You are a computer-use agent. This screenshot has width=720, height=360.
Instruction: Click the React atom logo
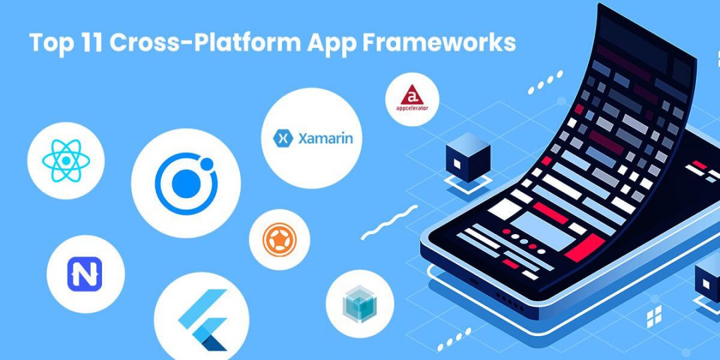pyautogui.click(x=65, y=161)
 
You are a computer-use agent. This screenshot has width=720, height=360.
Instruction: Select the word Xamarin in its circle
pyautogui.click(x=325, y=139)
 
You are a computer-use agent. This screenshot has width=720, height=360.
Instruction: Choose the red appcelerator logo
pyautogui.click(x=412, y=93)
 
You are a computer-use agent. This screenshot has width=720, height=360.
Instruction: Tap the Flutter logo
pyautogui.click(x=204, y=319)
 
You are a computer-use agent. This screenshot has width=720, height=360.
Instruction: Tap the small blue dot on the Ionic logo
pyautogui.click(x=207, y=163)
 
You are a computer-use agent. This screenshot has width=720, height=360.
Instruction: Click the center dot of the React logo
pyautogui.click(x=65, y=161)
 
